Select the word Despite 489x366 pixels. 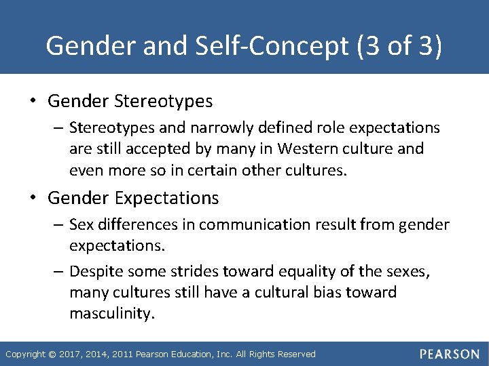coord(94,272)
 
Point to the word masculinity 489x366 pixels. coord(113,314)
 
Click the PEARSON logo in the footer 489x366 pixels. coord(449,354)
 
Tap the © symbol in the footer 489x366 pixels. coord(53,354)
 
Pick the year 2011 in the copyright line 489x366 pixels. coord(124,354)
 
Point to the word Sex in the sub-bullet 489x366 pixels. coord(81,224)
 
